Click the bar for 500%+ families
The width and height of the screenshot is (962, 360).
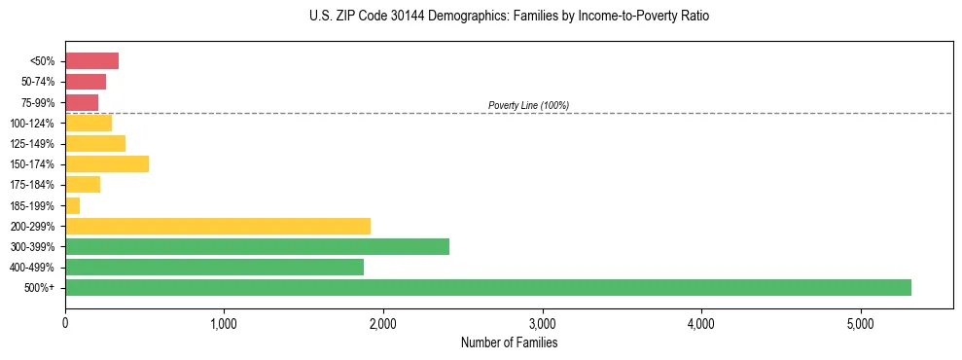pyautogui.click(x=487, y=287)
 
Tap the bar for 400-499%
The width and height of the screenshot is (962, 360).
pyautogui.click(x=214, y=267)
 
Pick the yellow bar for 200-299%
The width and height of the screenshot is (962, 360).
pyautogui.click(x=217, y=226)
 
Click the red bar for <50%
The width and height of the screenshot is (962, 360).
pyautogui.click(x=91, y=61)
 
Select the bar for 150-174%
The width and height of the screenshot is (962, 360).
pyautogui.click(x=107, y=163)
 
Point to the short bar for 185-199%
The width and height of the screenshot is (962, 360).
pyautogui.click(x=73, y=205)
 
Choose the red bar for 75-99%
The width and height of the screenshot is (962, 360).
pyautogui.click(x=82, y=102)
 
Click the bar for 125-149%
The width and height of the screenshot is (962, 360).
pyautogui.click(x=95, y=143)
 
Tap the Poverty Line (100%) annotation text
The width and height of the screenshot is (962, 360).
pyautogui.click(x=528, y=105)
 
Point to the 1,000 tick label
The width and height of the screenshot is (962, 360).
pyautogui.click(x=224, y=323)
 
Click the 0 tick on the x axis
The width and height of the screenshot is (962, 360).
pyautogui.click(x=65, y=323)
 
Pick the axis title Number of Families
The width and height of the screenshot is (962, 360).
pyautogui.click(x=509, y=342)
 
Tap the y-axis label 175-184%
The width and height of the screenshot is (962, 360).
pyautogui.click(x=35, y=185)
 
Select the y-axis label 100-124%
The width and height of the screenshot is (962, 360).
pyautogui.click(x=35, y=123)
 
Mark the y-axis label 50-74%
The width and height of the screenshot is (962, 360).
pyautogui.click(x=38, y=82)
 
